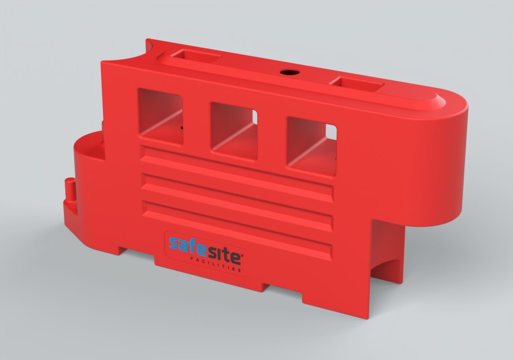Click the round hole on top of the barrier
coord(286,72)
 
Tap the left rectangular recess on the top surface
coord(196,57)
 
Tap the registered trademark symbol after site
coord(243,255)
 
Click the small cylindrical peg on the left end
coord(69,189)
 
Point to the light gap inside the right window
coord(331,132)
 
